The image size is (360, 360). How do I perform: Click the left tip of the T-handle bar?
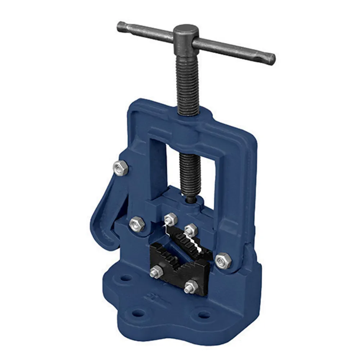pos(120,26)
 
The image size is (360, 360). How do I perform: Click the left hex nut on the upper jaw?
pos(170,219)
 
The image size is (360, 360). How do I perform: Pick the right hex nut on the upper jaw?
pos(191,229)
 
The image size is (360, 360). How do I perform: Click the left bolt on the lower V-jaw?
pos(157,271)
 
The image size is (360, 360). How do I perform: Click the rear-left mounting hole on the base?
pos(126,278)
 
